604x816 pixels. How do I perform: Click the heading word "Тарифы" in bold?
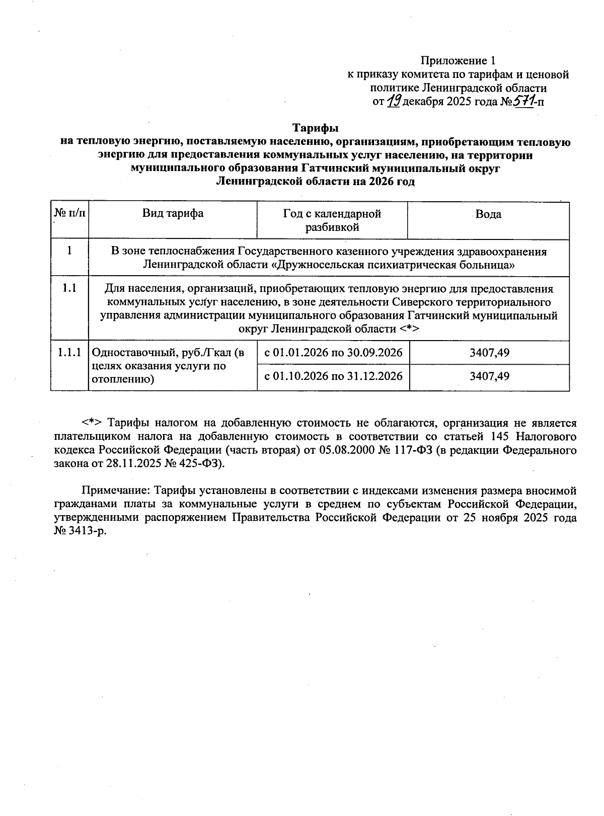click(316, 128)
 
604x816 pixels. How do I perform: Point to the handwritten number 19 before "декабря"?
click(394, 102)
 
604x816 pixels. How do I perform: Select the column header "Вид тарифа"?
click(173, 213)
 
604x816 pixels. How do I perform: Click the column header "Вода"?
click(488, 214)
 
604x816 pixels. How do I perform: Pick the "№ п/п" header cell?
click(69, 213)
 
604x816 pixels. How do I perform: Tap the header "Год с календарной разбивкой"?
click(332, 220)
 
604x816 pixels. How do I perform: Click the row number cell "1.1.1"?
click(69, 353)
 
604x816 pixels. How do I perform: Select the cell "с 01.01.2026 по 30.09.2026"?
click(333, 353)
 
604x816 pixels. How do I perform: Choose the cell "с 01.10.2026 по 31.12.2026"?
click(333, 376)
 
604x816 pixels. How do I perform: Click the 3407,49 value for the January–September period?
click(489, 353)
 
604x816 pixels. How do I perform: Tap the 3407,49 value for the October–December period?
click(489, 376)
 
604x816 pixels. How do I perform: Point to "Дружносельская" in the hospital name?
click(315, 265)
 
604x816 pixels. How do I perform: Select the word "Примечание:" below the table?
click(115, 491)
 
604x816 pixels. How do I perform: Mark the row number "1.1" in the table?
click(69, 289)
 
